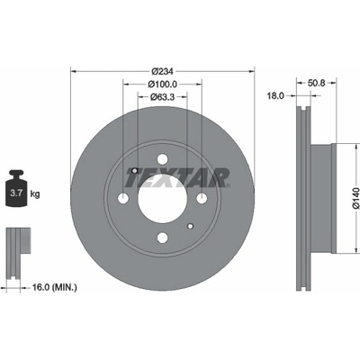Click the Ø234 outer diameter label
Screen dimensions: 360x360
[x=162, y=71]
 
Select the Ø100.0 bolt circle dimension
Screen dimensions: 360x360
[x=162, y=85]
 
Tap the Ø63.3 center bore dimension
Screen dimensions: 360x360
[x=162, y=96]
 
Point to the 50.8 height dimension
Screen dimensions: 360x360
[x=317, y=83]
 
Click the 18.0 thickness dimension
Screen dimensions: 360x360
[x=275, y=96]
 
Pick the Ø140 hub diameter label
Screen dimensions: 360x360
[x=355, y=198]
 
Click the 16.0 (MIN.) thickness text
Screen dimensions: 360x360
[x=54, y=288]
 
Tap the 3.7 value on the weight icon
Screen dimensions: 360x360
[x=16, y=193]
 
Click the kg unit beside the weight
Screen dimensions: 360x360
[x=35, y=194]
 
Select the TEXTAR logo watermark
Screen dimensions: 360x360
[x=177, y=177]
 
